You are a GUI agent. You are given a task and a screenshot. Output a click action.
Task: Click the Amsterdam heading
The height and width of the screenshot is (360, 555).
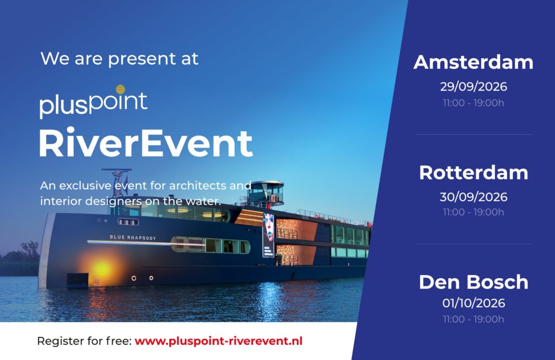(x=473, y=62)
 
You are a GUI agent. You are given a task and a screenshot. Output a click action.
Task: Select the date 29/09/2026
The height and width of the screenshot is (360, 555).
(x=473, y=86)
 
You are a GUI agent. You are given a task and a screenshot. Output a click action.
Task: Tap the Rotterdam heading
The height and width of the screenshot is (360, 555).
(x=473, y=173)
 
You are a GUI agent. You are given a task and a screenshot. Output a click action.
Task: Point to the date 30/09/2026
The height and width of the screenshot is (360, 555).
(x=473, y=196)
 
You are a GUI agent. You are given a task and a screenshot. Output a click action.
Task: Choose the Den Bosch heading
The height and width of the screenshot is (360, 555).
(x=473, y=282)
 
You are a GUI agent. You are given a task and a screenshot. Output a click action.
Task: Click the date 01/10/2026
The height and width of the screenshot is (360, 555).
(x=473, y=303)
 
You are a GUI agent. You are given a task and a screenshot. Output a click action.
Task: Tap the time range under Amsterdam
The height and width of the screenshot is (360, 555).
(x=473, y=102)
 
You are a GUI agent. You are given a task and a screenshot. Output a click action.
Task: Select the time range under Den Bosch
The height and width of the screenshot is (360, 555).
(x=473, y=319)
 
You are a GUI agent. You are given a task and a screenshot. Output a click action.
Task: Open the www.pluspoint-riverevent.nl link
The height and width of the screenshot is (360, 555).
(x=218, y=341)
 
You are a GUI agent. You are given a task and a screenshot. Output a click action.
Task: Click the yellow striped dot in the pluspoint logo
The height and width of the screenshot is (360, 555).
(x=120, y=89)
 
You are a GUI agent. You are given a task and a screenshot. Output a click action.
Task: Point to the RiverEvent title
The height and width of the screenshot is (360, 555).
(x=145, y=143)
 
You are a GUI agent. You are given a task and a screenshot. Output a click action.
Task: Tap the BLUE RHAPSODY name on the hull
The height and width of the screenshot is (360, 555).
(x=133, y=237)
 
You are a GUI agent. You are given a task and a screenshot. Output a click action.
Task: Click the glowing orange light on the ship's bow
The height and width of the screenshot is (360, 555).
(x=101, y=268)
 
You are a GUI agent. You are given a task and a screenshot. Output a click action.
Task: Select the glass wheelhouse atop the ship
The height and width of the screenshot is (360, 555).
(x=266, y=193)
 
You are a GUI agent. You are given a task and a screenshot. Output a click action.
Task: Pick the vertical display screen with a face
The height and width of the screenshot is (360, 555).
(x=268, y=235)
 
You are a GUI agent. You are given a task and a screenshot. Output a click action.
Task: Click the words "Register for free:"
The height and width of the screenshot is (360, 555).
(x=84, y=341)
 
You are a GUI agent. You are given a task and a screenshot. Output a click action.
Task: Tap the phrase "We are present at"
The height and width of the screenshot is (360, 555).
(x=119, y=59)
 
